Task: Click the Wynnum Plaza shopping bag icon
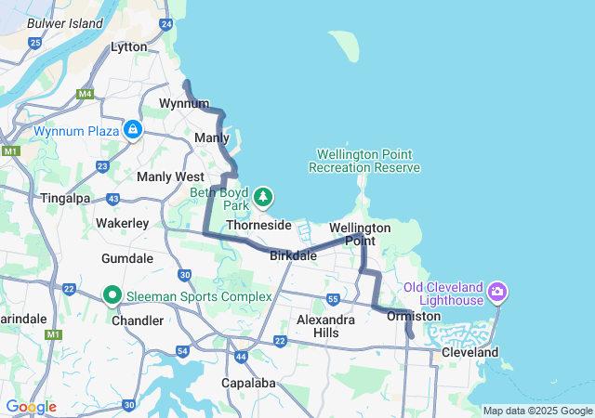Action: pos(134,129)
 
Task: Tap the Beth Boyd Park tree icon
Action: pos(264,196)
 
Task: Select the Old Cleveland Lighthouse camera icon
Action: pos(497,293)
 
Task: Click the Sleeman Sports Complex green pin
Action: pos(112,295)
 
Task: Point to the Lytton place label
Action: pos(128,46)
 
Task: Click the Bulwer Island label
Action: pos(65,23)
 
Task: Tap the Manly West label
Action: pos(170,176)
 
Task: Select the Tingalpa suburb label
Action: pos(65,198)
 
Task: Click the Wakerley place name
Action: pos(122,223)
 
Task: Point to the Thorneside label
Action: pos(258,225)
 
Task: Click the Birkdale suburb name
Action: pos(293,255)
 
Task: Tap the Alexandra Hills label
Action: pos(324,326)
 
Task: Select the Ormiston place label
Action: pos(413,316)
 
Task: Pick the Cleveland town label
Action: pos(469,352)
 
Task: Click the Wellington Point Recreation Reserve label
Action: pos(364,161)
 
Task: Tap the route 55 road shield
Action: pos(332,298)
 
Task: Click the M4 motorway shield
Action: pos(86,94)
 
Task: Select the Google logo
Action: pos(31,407)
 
